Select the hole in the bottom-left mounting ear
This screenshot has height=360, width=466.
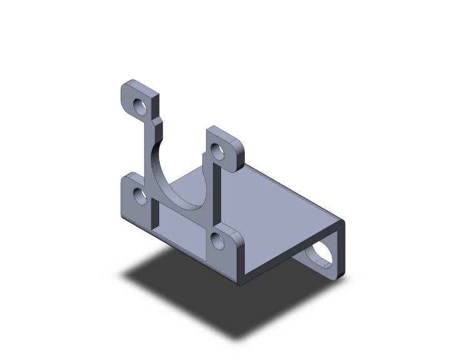(x=140, y=198)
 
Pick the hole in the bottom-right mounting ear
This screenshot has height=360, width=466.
(x=219, y=242)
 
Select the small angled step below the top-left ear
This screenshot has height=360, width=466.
(x=158, y=119)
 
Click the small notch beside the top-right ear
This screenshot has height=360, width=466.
(x=204, y=153)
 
